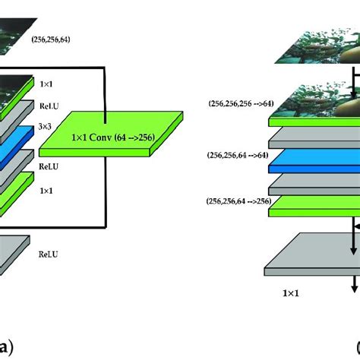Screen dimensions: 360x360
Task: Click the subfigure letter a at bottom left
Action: [7, 349]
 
